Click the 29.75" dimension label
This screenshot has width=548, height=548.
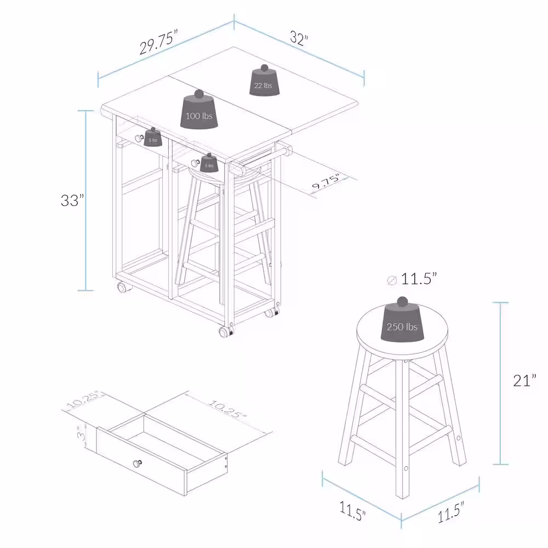pos(158,42)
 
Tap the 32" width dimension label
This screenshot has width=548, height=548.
pos(299,38)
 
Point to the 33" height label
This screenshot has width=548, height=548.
pos(72,200)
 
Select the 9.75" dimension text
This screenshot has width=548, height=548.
pos(326,180)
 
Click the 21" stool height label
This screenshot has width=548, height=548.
pos(524,380)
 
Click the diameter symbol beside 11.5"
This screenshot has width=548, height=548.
pos(392,280)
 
